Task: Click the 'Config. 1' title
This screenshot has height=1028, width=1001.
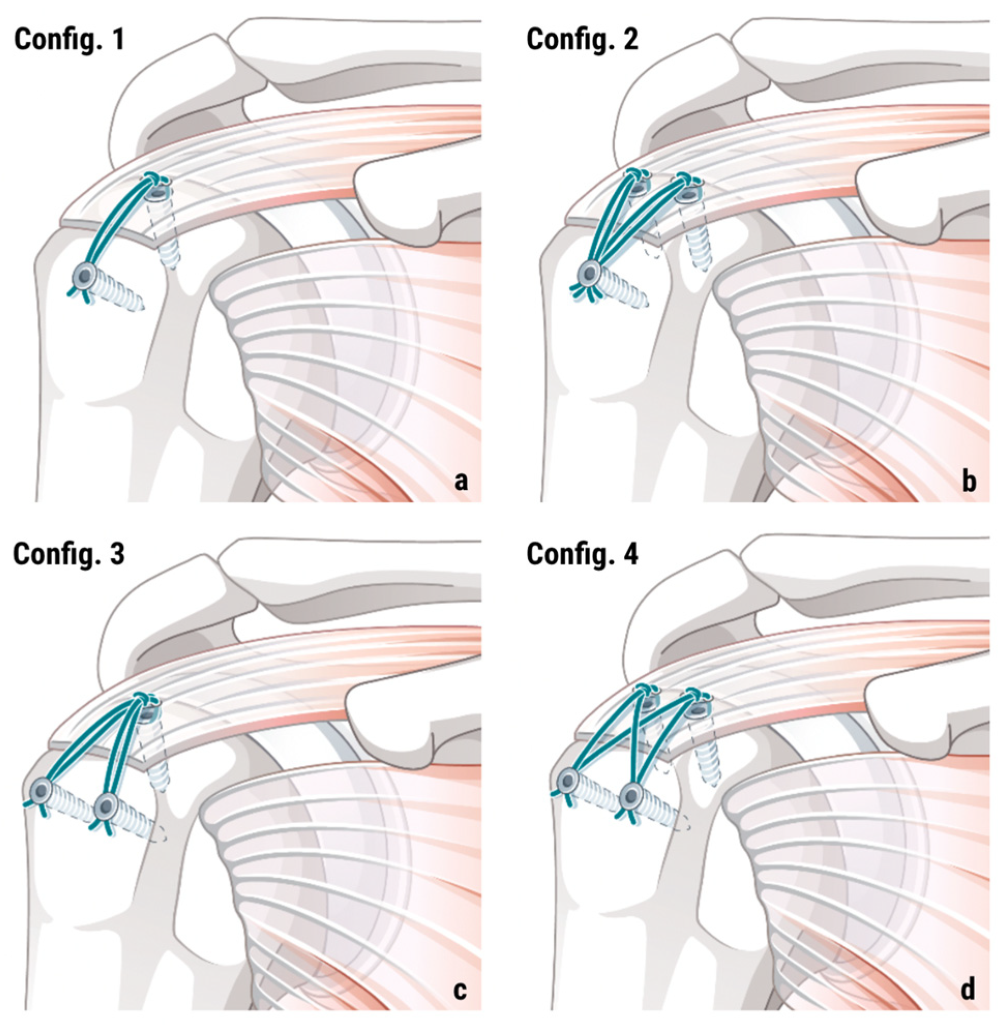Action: (69, 39)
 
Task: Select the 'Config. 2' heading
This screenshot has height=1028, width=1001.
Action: (582, 39)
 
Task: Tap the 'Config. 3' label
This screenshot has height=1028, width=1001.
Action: (69, 554)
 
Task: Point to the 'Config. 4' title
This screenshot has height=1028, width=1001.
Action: (582, 554)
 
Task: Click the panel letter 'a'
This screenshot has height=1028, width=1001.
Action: (461, 480)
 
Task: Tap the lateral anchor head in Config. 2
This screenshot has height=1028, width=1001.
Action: (590, 273)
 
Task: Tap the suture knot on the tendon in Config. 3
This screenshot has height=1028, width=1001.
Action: (142, 698)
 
